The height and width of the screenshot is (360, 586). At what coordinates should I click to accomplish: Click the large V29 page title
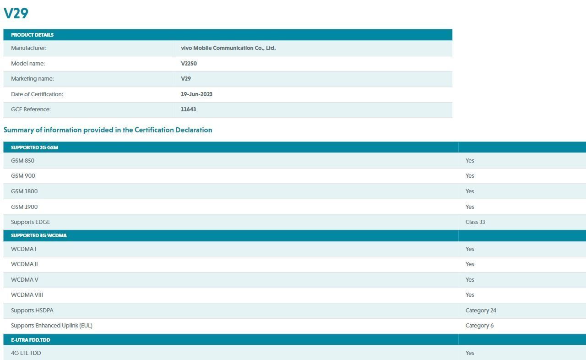[16, 13]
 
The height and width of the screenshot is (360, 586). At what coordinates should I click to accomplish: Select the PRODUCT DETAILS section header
[32, 35]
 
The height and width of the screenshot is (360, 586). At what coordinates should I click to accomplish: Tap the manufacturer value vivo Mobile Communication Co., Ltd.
[228, 48]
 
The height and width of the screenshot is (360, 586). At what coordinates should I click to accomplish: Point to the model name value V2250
[189, 64]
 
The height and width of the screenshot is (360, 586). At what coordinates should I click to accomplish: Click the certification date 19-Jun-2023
[196, 94]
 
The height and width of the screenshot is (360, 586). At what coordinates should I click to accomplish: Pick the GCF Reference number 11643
[188, 109]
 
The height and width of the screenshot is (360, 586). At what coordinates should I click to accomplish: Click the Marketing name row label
[32, 79]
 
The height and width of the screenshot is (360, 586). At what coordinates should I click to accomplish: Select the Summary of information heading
[108, 130]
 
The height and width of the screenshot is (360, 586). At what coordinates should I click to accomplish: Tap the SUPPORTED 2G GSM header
[34, 147]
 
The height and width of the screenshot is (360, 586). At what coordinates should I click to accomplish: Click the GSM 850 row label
[22, 161]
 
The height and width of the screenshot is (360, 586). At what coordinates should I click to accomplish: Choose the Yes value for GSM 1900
[470, 207]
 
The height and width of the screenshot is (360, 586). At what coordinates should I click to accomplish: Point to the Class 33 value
[475, 222]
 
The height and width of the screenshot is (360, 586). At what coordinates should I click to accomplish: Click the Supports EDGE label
[30, 222]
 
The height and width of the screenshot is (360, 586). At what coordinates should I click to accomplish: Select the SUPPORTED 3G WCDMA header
[38, 235]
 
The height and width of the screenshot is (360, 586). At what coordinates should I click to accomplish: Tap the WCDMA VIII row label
[27, 295]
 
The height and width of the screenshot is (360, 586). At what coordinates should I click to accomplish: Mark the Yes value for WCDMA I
[470, 249]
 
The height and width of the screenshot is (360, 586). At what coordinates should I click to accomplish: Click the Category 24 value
[481, 311]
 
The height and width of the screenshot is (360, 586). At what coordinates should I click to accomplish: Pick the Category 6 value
[479, 326]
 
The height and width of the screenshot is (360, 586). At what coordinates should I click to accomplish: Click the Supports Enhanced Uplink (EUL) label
[51, 326]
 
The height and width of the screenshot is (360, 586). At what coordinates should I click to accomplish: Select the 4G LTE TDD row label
[26, 353]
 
